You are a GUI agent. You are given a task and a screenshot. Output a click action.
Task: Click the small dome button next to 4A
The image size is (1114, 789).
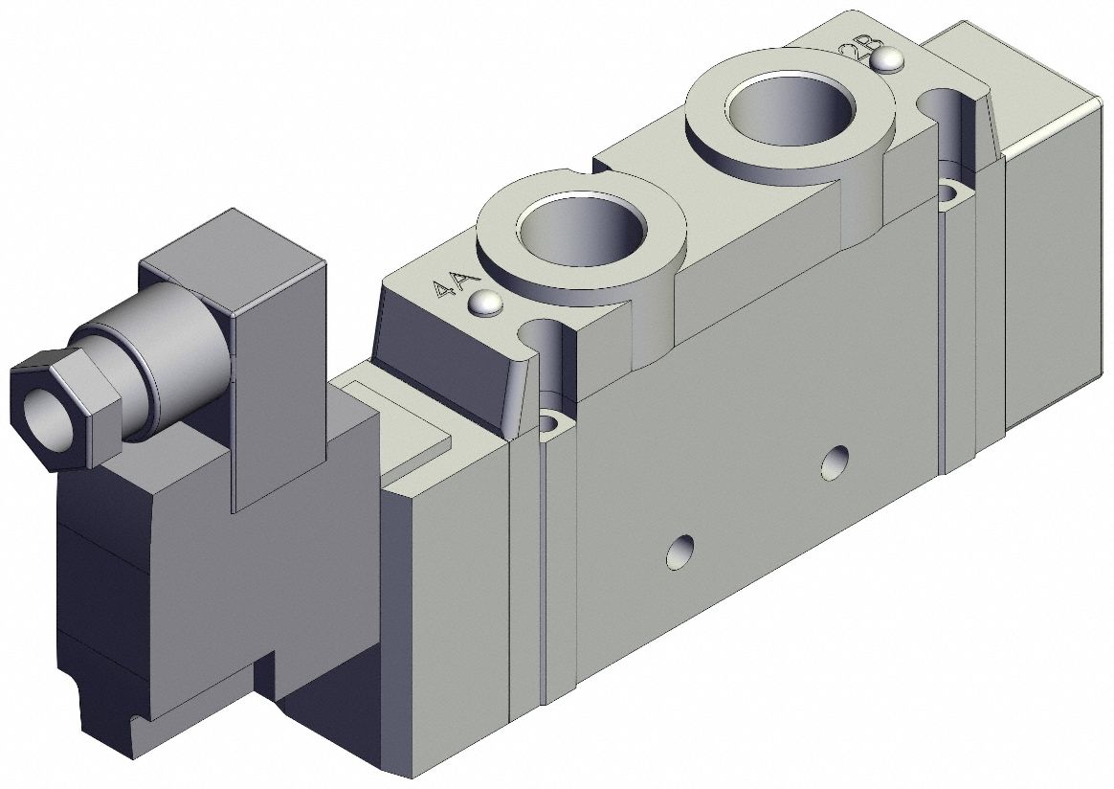coord(485,304)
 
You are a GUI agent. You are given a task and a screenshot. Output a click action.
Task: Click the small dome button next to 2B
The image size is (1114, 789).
coord(889,60)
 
